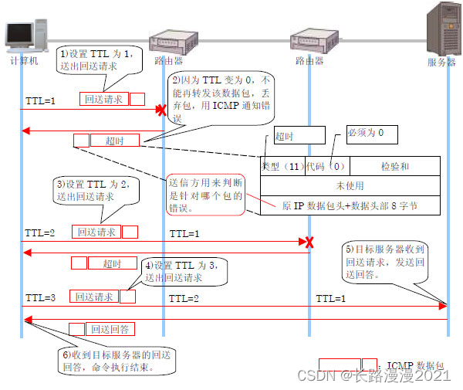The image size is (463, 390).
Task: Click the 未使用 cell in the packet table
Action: coord(350,185)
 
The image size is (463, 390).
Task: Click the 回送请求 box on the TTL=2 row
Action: coord(96,232)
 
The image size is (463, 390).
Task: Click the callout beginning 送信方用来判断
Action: coord(206,195)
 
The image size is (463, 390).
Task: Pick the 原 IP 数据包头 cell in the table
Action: coord(350,206)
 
